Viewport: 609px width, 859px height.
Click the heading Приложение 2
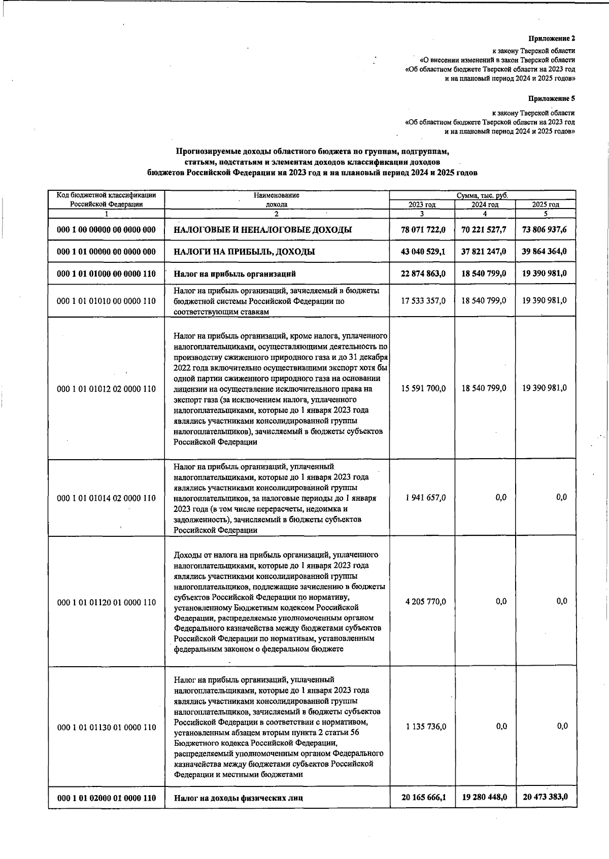pyautogui.click(x=552, y=38)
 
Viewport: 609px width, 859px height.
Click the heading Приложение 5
pyautogui.click(x=552, y=98)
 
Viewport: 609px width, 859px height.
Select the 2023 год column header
pyautogui.click(x=422, y=204)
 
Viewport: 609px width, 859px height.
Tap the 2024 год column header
pyautogui.click(x=485, y=204)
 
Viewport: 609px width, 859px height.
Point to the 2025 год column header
pyautogui.click(x=546, y=204)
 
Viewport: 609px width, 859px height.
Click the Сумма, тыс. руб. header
pyautogui.click(x=482, y=195)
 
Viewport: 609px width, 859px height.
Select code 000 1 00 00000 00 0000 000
pyautogui.click(x=107, y=230)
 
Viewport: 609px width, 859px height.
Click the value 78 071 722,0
pyautogui.click(x=423, y=230)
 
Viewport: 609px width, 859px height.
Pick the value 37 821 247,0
pyautogui.click(x=484, y=252)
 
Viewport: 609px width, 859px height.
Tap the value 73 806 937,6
pyautogui.click(x=545, y=230)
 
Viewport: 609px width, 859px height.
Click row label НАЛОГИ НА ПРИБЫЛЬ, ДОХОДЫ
pyautogui.click(x=244, y=252)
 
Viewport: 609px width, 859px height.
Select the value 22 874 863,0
pyautogui.click(x=423, y=273)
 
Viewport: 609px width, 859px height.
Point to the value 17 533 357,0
pyautogui.click(x=423, y=300)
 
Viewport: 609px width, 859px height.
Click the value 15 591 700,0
pyautogui.click(x=423, y=388)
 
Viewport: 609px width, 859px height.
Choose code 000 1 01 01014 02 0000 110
pyautogui.click(x=107, y=498)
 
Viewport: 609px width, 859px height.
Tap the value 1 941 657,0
pyautogui.click(x=426, y=498)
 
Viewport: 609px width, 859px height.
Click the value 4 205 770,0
pyautogui.click(x=426, y=602)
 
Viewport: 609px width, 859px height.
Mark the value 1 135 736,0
pyautogui.click(x=426, y=727)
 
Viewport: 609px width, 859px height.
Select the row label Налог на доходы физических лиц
pyautogui.click(x=239, y=798)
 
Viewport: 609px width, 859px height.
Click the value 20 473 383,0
pyautogui.click(x=545, y=797)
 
